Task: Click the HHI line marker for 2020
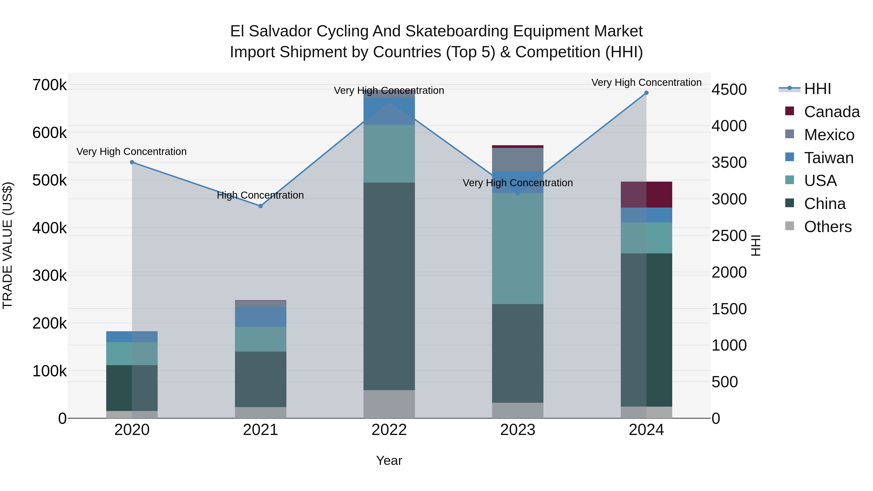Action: point(132,162)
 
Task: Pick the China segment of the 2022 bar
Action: point(389,286)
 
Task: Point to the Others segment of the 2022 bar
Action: point(389,404)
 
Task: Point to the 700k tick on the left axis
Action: point(49,85)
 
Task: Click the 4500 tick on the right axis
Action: point(729,90)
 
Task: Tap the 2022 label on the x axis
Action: point(389,430)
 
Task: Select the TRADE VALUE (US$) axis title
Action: point(8,245)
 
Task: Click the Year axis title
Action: point(389,460)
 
